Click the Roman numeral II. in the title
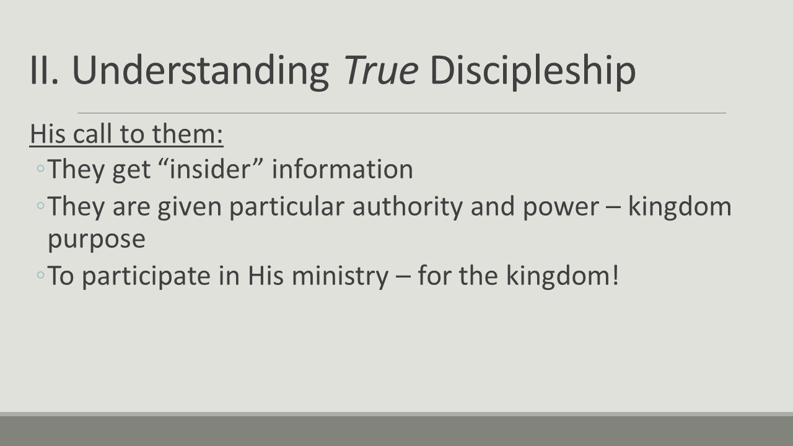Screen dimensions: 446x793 [45, 70]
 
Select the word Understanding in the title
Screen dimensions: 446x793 [200, 70]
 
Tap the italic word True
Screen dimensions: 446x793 [380, 70]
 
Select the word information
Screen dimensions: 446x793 [343, 169]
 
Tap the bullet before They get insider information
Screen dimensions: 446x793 [40, 169]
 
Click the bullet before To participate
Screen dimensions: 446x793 [40, 276]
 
